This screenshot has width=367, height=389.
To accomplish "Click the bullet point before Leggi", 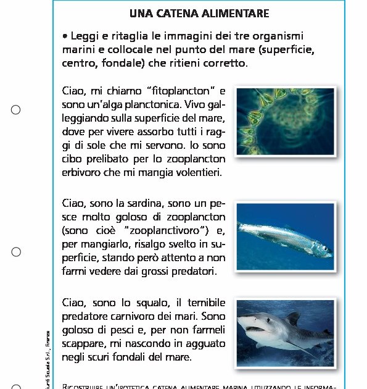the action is (x=65, y=37).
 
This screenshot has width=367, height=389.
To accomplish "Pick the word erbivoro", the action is (x=81, y=173).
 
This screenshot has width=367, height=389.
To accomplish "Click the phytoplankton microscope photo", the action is (x=285, y=121).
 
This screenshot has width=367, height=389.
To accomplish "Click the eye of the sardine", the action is (x=325, y=250).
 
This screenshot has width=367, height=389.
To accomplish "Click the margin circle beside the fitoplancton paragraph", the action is (x=16, y=110).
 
